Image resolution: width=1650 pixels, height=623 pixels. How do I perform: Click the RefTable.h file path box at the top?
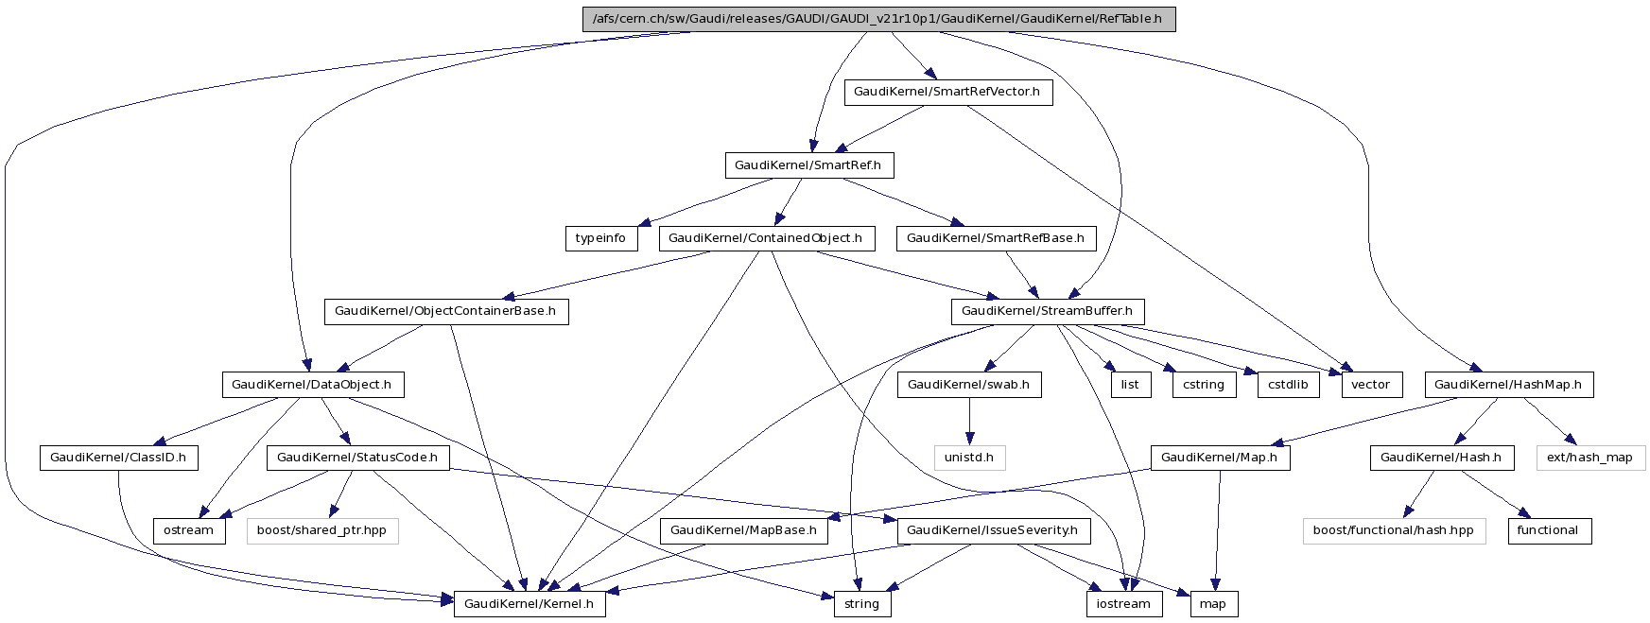pos(878,19)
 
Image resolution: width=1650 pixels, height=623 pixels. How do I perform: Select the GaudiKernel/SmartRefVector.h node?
pos(947,92)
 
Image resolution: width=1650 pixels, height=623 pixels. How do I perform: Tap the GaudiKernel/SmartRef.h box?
pos(808,165)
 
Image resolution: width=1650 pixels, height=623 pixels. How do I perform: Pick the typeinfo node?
pos(601,238)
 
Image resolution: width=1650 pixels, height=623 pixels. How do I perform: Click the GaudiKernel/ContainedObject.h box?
pos(766,238)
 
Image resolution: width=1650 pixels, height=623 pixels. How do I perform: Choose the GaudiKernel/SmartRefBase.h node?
pos(996,238)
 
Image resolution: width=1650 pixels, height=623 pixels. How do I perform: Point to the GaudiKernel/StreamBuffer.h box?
pos(1047,311)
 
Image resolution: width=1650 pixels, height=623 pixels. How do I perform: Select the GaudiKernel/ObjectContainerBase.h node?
pos(446,311)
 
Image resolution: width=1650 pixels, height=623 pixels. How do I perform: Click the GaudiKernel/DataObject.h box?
pos(312,385)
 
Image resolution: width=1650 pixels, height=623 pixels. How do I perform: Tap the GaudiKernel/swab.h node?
pos(969,385)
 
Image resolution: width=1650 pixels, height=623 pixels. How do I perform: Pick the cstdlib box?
pos(1289,385)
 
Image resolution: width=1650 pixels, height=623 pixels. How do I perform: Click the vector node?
pos(1371,385)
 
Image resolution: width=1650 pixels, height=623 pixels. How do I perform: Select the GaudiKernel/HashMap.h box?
pos(1508,385)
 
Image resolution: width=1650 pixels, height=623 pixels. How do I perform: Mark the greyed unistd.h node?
pos(970,458)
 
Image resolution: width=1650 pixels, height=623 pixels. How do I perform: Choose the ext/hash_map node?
pos(1590,458)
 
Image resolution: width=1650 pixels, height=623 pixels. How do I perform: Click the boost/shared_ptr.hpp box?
pos(322,530)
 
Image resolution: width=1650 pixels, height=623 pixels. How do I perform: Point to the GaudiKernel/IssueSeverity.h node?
pos(993,530)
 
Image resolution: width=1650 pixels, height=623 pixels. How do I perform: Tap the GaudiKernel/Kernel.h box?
pos(530,604)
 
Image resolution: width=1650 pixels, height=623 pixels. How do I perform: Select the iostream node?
pos(1123,604)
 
